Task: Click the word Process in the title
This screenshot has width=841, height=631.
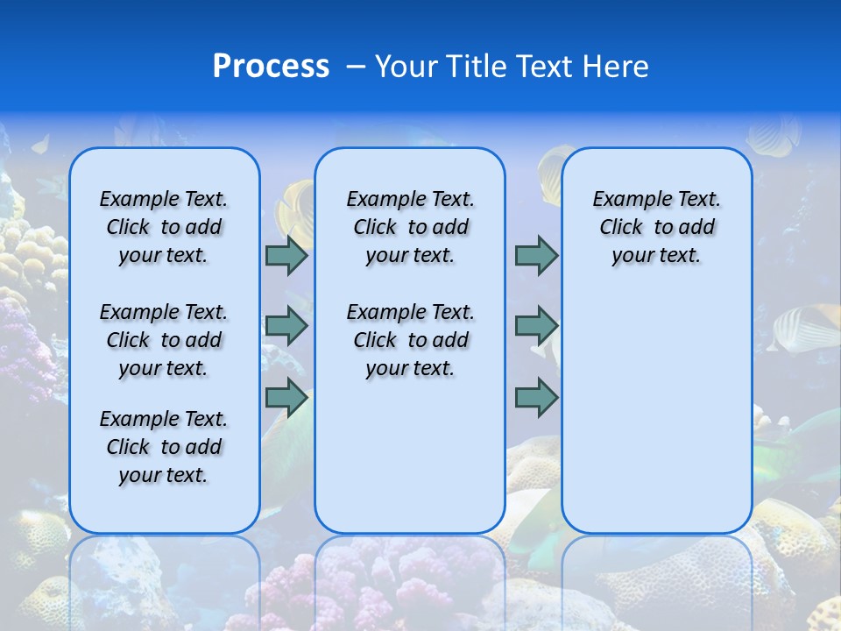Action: click(271, 67)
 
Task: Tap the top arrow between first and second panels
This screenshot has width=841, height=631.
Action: click(286, 256)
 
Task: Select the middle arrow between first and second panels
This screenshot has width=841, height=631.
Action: click(286, 326)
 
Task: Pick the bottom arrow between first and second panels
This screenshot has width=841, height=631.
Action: click(286, 398)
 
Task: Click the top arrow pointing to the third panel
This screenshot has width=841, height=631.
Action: click(536, 256)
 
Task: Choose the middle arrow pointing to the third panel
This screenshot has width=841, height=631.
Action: click(536, 326)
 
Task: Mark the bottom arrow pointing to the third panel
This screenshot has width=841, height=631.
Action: click(536, 398)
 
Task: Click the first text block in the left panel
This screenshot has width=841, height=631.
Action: click(164, 227)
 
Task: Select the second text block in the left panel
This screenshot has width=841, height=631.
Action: click(164, 340)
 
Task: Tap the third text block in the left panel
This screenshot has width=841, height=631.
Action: click(164, 447)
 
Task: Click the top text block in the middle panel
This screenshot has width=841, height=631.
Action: click(410, 227)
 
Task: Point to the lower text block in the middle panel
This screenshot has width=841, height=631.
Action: click(410, 340)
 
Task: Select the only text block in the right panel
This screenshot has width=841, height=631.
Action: click(656, 227)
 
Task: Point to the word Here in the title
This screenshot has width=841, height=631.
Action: click(617, 67)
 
